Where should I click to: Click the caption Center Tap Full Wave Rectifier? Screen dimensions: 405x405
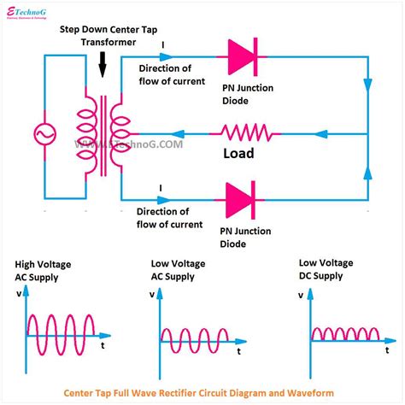[x=202, y=394]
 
